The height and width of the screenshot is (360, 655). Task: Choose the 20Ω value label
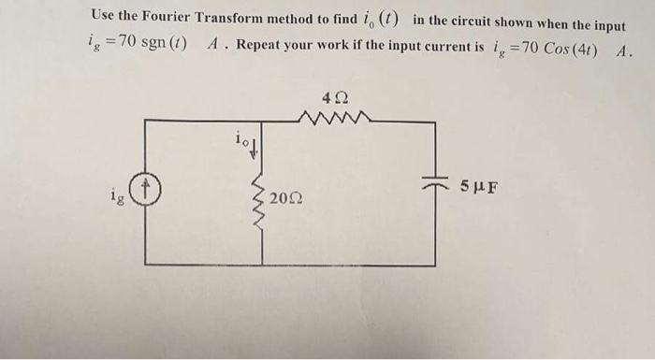(x=283, y=198)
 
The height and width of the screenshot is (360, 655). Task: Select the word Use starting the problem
(x=106, y=16)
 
